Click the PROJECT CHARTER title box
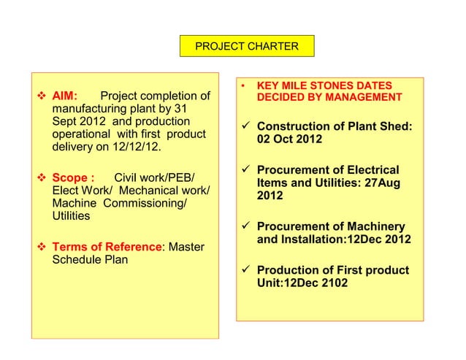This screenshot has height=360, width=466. click(x=247, y=47)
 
